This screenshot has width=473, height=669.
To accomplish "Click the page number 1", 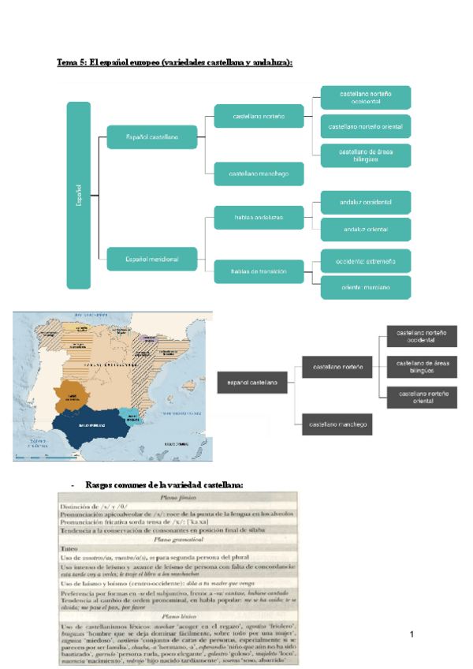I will [412, 634].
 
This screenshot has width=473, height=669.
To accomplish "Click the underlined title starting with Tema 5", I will [174, 62].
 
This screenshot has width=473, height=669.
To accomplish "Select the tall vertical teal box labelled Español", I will [79, 195].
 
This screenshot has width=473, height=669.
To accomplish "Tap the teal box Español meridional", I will [151, 258].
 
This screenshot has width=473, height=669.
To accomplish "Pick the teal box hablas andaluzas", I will [258, 216].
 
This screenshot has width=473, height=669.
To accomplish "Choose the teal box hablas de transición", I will [258, 271].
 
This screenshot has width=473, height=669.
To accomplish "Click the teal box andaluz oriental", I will [366, 230].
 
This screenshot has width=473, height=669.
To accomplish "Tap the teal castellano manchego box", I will [258, 173].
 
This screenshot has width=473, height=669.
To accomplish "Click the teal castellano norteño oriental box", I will [366, 126].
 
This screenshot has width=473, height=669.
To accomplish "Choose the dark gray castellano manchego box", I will [336, 425].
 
